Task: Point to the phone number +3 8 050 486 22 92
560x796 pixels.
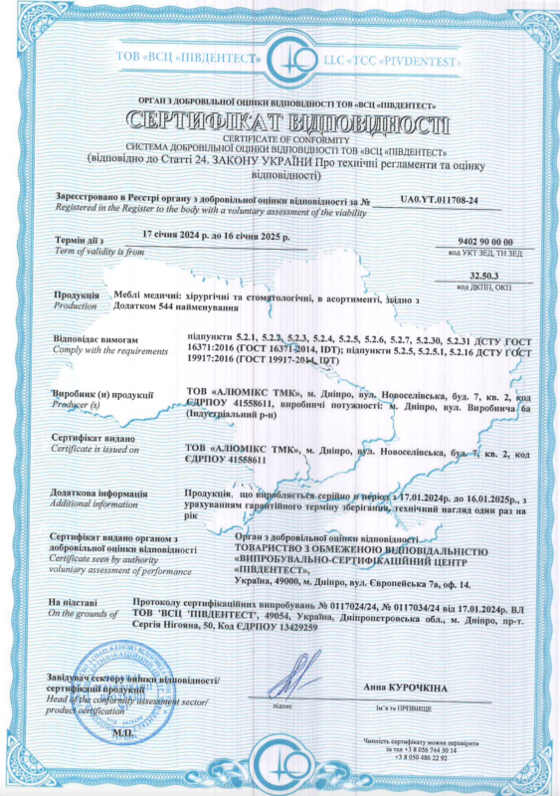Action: (x=426, y=758)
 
